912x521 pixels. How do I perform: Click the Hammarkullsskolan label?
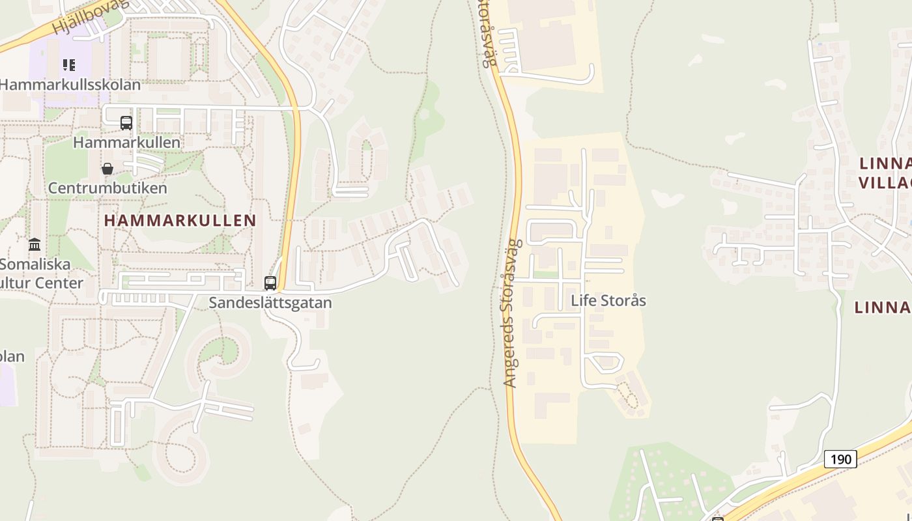(x=70, y=85)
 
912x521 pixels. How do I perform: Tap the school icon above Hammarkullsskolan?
(x=69, y=65)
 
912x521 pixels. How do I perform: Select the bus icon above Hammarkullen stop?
(x=126, y=122)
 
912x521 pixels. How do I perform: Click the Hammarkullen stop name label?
(x=126, y=142)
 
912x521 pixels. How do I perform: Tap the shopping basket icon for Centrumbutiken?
(x=107, y=169)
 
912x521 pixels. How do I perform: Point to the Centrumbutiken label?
(x=107, y=188)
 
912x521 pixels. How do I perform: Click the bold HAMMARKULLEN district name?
(x=180, y=221)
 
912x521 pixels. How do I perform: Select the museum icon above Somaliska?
(x=35, y=245)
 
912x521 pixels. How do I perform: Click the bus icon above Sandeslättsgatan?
(x=270, y=283)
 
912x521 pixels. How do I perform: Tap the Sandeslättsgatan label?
(x=270, y=303)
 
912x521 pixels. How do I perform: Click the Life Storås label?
(x=608, y=301)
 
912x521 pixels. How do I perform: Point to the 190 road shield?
(x=840, y=459)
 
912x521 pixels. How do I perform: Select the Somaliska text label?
(x=35, y=265)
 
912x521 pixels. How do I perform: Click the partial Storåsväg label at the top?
(x=488, y=33)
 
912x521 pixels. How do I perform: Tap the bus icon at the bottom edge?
(x=718, y=518)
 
